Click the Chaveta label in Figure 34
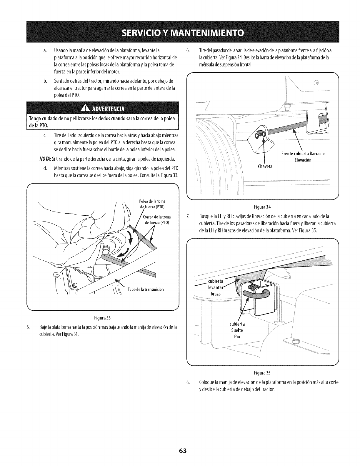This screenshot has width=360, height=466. (x=265, y=167)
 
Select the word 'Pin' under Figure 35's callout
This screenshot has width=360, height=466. (x=237, y=337)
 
